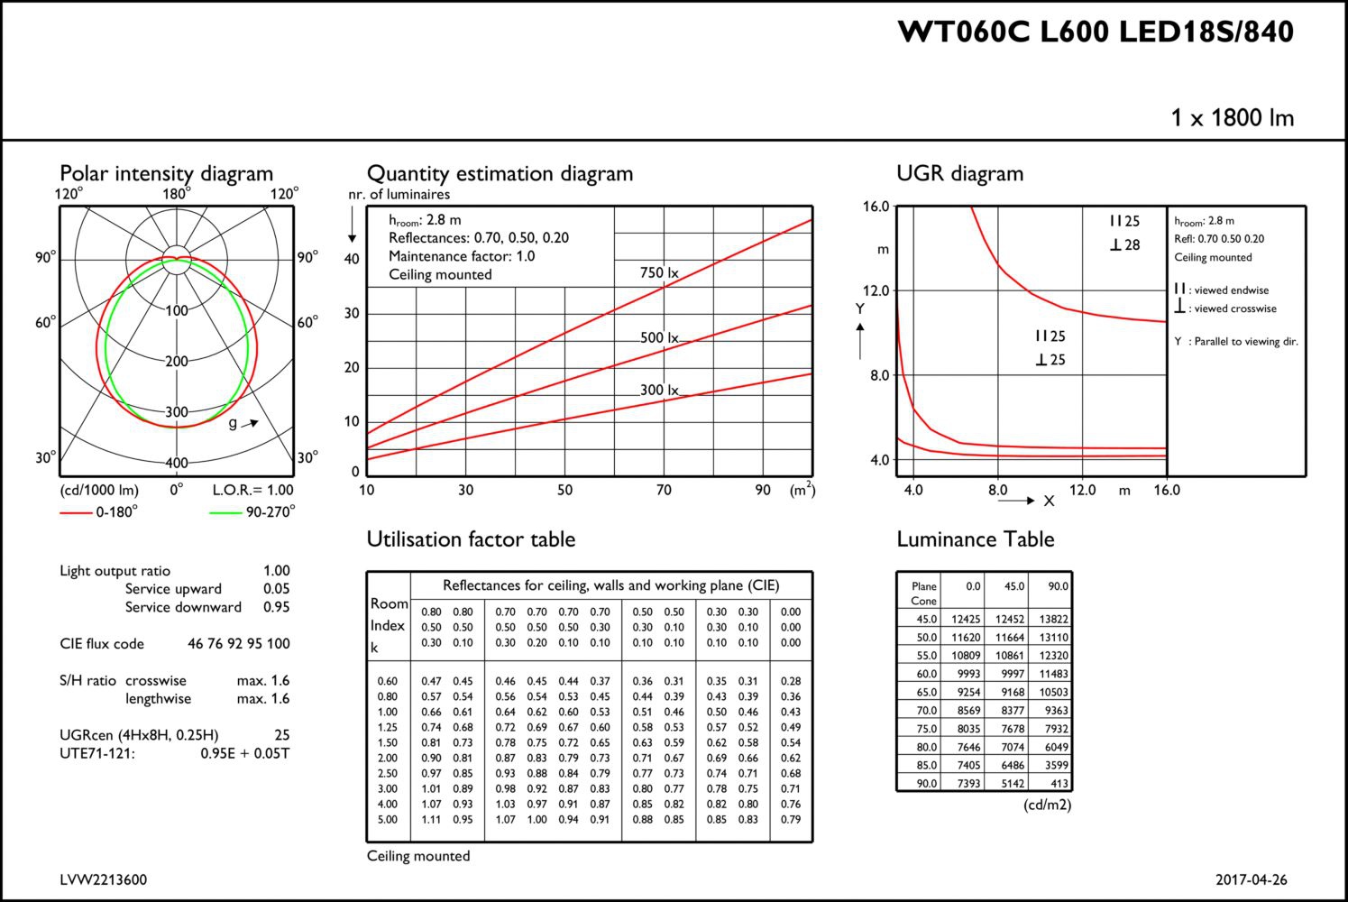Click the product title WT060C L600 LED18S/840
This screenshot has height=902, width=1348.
pyautogui.click(x=1096, y=32)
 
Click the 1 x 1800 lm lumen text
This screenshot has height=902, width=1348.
pyautogui.click(x=1232, y=118)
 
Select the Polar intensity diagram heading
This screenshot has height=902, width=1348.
pyautogui.click(x=166, y=174)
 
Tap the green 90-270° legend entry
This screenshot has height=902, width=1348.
pyautogui.click(x=252, y=511)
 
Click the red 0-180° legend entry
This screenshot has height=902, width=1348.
pyautogui.click(x=98, y=511)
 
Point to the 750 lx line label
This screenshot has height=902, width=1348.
pyautogui.click(x=659, y=272)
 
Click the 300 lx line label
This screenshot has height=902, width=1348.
pyautogui.click(x=659, y=391)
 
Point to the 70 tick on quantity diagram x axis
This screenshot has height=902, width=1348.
pyautogui.click(x=664, y=490)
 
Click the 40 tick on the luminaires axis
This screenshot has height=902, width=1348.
pyautogui.click(x=352, y=259)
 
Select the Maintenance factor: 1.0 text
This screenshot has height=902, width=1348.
pyautogui.click(x=462, y=256)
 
